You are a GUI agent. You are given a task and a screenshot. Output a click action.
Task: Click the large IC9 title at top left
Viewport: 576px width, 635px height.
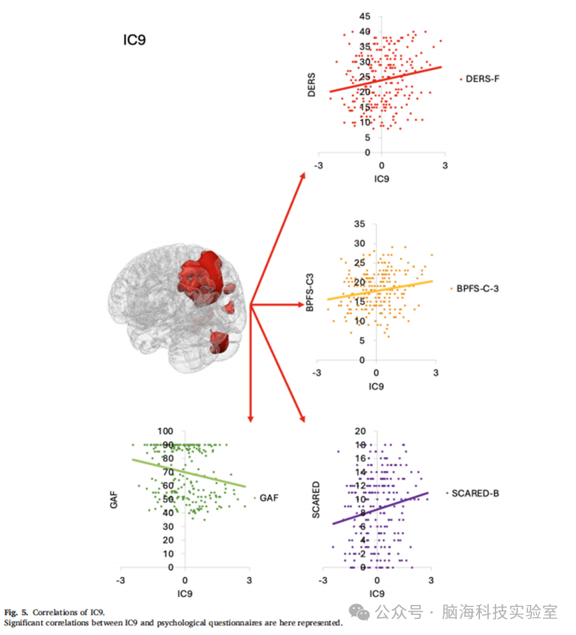pos(135,40)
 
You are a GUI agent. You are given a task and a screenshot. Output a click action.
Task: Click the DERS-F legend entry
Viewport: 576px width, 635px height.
pos(480,79)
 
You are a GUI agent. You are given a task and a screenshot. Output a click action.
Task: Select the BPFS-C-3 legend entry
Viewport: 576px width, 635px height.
pos(475,289)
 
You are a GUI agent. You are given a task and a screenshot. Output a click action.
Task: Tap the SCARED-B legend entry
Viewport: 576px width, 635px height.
pos(473,494)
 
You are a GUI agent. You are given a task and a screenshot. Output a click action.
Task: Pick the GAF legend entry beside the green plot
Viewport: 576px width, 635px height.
pos(267,498)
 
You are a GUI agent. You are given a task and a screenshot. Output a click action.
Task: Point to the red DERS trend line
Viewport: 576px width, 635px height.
pos(385,79)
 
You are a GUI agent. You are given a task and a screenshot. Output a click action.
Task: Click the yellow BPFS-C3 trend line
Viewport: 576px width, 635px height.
pos(380,290)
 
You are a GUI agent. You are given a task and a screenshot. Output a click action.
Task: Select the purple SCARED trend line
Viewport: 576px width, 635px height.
pos(381,508)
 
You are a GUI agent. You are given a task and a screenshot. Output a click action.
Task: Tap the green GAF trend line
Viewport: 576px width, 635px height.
pos(189,473)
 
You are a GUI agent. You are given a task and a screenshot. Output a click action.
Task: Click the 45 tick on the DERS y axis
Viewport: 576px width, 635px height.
pos(365,17)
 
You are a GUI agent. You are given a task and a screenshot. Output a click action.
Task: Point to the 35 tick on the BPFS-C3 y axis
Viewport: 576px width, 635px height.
pos(359,224)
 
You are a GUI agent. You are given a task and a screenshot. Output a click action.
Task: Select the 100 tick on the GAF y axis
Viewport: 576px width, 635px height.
pos(165,432)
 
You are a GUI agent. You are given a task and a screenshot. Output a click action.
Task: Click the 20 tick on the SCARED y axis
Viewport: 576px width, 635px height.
pos(360,432)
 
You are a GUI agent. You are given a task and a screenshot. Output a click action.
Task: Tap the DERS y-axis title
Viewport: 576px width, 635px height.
pos(311,85)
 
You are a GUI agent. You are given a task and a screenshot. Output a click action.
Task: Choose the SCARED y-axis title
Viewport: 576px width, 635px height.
pos(316,500)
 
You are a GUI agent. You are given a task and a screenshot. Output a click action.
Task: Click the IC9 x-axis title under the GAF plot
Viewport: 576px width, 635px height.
pos(185,594)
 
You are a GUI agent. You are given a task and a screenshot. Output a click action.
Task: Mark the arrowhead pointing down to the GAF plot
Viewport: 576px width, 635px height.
pos(251,419)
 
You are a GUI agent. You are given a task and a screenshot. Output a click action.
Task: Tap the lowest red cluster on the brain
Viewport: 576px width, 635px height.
pos(219,342)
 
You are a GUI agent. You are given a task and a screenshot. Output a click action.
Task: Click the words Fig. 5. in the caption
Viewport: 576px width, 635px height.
pos(16,612)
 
